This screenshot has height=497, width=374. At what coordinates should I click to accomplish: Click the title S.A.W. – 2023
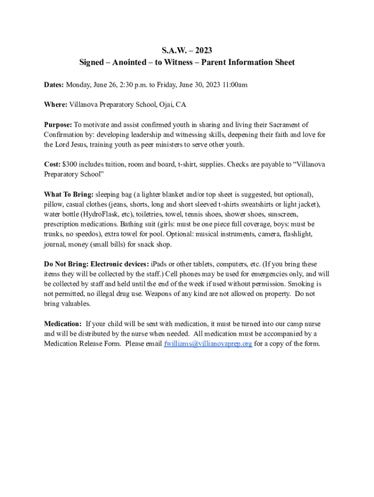187,50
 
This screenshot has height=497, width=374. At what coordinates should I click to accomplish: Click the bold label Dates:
54,85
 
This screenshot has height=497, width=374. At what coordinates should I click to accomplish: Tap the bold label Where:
56,104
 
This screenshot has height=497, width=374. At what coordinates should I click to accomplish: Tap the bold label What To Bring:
68,195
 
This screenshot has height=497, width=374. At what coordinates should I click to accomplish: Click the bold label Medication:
63,324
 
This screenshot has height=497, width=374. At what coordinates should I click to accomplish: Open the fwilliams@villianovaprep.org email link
208,344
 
